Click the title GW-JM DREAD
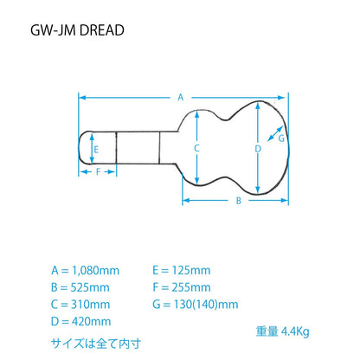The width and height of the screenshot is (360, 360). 77,30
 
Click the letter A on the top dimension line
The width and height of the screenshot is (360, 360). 181,98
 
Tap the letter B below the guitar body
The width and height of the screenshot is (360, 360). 239,201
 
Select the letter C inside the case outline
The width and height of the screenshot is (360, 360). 196,148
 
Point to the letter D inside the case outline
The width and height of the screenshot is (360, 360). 258,149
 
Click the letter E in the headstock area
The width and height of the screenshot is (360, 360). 96,150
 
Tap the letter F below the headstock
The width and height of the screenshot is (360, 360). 98,172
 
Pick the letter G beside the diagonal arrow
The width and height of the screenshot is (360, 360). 281,138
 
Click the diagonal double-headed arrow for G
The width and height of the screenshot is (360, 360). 275,133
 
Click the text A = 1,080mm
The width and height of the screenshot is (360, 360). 86,271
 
